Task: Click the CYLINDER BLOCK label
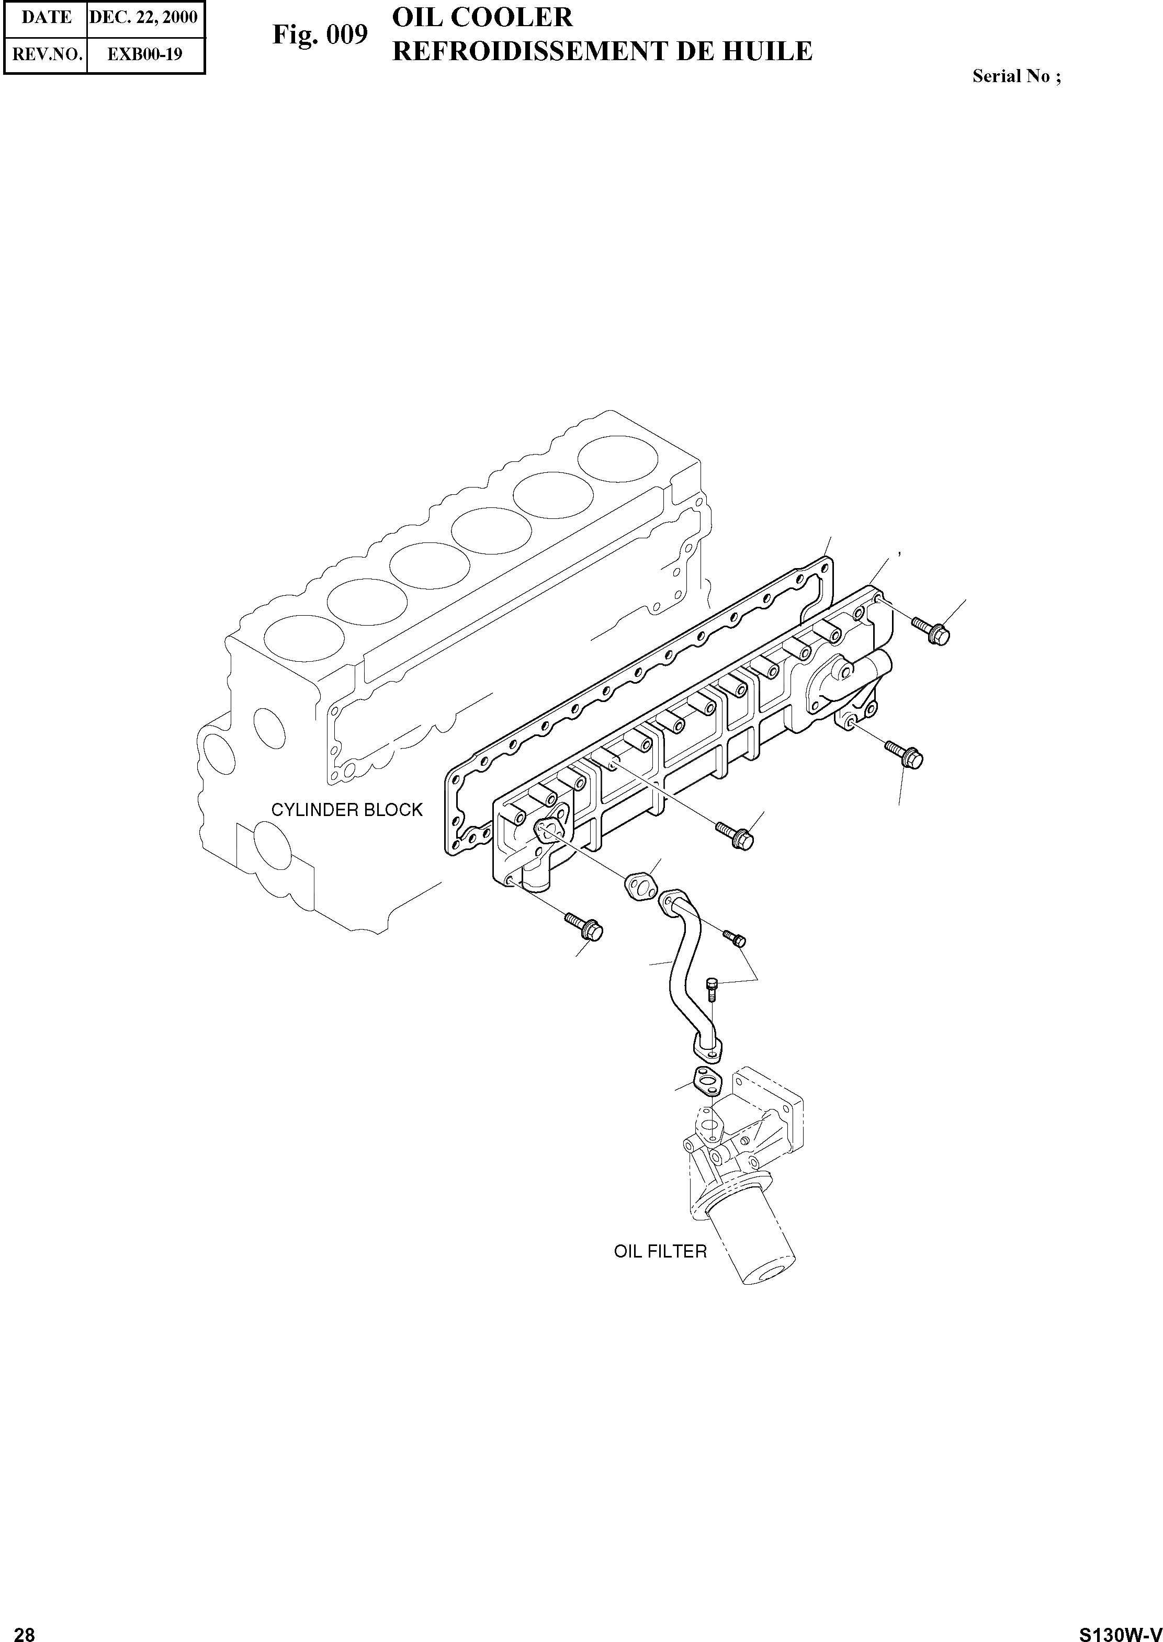(x=347, y=810)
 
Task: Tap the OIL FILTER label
(x=660, y=1251)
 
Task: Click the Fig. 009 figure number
(x=320, y=35)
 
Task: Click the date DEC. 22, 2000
(x=143, y=17)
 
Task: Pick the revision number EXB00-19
(x=145, y=54)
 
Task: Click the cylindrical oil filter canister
(x=752, y=1242)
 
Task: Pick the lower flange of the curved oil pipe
(x=707, y=1050)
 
